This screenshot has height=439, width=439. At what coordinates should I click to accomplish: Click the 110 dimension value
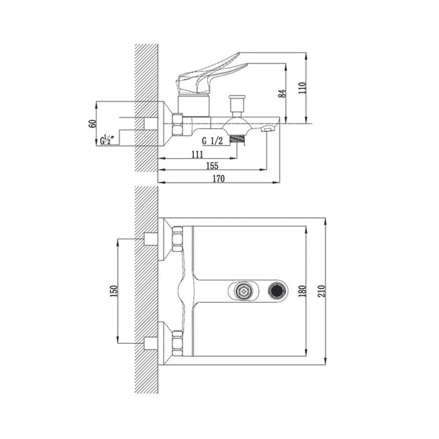click(x=302, y=88)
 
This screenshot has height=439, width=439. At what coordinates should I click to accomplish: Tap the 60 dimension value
click(x=92, y=124)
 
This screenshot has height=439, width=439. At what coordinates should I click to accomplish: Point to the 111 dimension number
click(x=198, y=154)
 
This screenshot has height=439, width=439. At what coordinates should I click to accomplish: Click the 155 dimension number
click(x=212, y=166)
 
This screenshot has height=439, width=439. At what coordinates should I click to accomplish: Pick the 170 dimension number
click(x=218, y=179)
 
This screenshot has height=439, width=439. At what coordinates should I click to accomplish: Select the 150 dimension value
click(x=114, y=291)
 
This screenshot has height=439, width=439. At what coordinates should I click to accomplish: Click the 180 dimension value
click(x=302, y=291)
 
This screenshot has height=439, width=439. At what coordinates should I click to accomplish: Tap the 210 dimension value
click(x=321, y=291)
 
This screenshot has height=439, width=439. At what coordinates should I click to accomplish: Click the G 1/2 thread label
click(x=213, y=141)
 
